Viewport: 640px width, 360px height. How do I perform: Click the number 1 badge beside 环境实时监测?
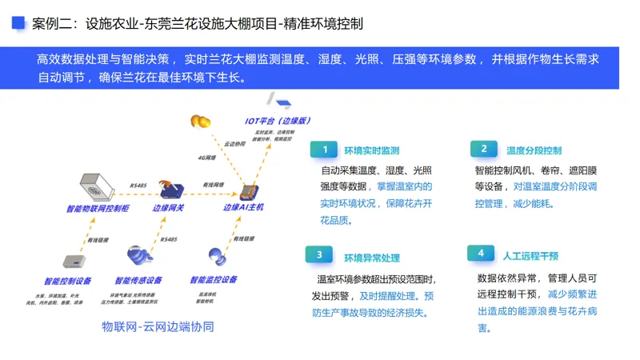tap(325, 150)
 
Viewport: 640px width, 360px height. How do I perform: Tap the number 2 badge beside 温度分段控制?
tap(483, 150)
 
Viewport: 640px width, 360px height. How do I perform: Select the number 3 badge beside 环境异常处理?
tap(318, 255)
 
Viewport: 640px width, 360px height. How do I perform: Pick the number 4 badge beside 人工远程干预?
tap(480, 254)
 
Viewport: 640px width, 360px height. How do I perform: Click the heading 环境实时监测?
tap(371, 150)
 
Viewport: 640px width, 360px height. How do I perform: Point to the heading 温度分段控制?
tap(534, 150)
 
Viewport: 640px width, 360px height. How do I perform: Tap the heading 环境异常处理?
tap(371, 258)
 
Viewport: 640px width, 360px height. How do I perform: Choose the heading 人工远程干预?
tap(530, 256)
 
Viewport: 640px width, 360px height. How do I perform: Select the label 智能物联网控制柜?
tap(98, 209)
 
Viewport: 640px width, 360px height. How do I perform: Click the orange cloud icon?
tap(200, 122)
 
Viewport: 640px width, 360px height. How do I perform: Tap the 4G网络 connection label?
tap(207, 158)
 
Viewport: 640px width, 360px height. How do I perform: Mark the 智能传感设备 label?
tap(138, 281)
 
